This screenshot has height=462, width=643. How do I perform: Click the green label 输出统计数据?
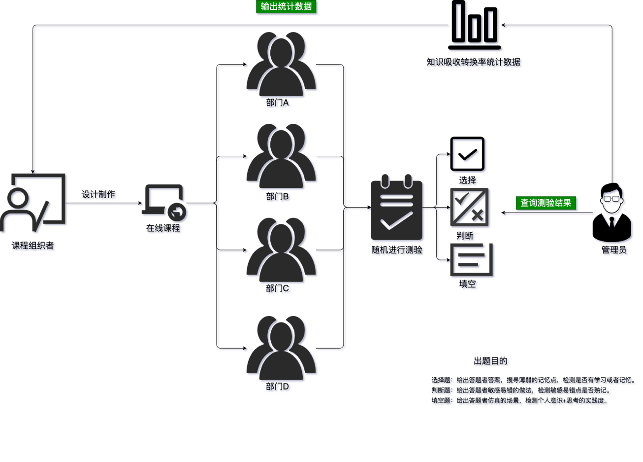click(x=286, y=7)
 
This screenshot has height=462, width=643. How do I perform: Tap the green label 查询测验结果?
click(x=546, y=203)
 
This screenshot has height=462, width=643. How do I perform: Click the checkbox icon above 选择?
click(x=469, y=154)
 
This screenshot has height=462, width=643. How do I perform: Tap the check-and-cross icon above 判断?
click(x=470, y=208)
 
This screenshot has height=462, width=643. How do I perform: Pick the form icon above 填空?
click(x=472, y=260)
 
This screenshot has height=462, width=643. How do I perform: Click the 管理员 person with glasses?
click(x=613, y=213)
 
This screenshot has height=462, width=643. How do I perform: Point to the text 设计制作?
click(x=99, y=195)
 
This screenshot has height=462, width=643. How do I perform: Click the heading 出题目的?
click(x=491, y=361)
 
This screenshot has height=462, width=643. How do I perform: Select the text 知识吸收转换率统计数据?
click(x=474, y=63)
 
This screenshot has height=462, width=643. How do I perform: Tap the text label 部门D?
click(x=279, y=387)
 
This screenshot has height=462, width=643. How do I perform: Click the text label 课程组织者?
click(x=34, y=246)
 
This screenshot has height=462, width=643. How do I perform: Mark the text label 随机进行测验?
click(x=397, y=250)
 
